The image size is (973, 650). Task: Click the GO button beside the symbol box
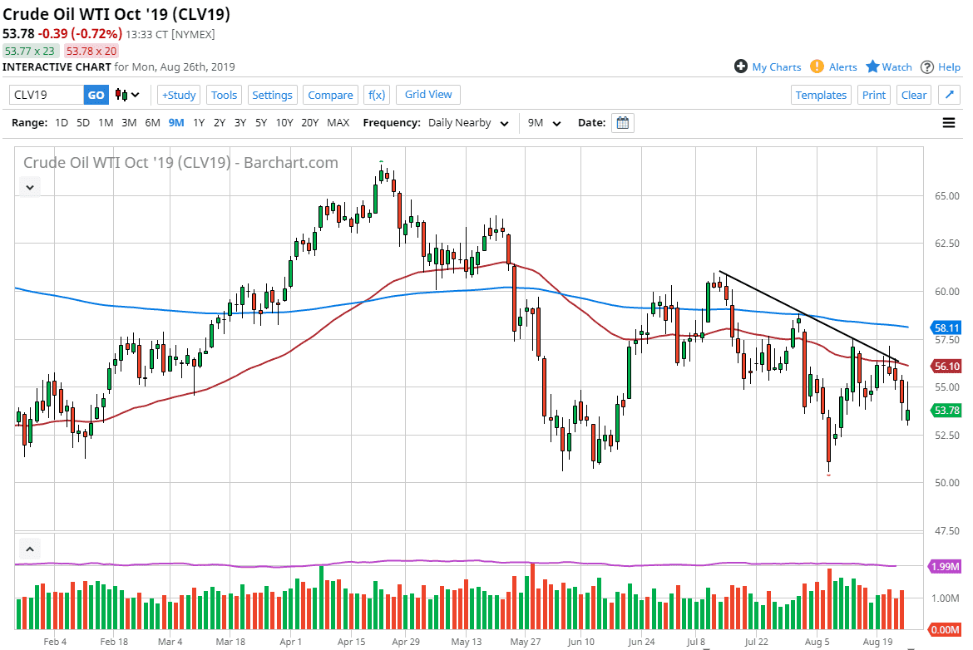(96, 95)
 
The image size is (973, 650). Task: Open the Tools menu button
(224, 95)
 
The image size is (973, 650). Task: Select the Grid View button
(428, 95)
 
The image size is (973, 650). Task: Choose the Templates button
(821, 95)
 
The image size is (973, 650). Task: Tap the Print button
(874, 95)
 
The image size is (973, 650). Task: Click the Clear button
(914, 95)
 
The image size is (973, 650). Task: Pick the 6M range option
(152, 123)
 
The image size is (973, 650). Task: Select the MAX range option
(338, 123)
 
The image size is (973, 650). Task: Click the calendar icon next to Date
(623, 123)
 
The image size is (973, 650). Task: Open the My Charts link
(776, 67)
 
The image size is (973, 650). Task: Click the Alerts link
(842, 67)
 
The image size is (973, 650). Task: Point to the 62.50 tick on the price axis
(947, 244)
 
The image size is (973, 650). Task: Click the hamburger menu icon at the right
(949, 123)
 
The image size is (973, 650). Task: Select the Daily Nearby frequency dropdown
(468, 123)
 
